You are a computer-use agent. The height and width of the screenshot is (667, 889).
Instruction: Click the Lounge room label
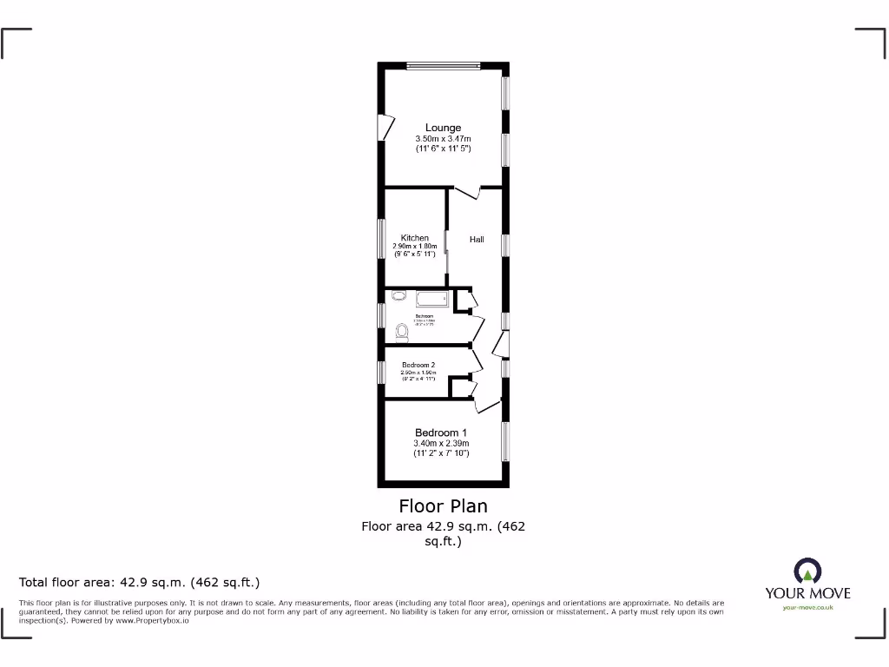443,128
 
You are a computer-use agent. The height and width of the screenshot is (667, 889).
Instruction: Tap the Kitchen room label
414,238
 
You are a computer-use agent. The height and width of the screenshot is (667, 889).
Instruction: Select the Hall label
477,240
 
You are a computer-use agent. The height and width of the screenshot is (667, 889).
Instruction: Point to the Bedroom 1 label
441,433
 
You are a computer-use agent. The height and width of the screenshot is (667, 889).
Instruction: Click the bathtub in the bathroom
431,300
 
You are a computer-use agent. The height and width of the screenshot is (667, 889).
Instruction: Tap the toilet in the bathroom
401,331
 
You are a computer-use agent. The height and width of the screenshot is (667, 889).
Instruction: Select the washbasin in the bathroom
398,296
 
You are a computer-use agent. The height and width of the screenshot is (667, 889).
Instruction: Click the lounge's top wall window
444,65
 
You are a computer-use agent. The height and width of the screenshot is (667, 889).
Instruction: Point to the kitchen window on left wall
381,238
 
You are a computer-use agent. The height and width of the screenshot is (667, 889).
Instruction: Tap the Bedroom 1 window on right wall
504,442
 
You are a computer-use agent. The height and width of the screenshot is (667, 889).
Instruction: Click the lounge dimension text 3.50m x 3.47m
443,139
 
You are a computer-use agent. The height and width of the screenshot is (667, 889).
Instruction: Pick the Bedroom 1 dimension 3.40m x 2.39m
441,444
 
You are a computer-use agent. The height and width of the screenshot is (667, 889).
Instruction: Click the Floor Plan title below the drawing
443,506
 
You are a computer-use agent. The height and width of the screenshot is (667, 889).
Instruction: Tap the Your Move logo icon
807,571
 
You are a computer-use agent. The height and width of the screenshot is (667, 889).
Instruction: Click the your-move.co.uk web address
807,608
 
